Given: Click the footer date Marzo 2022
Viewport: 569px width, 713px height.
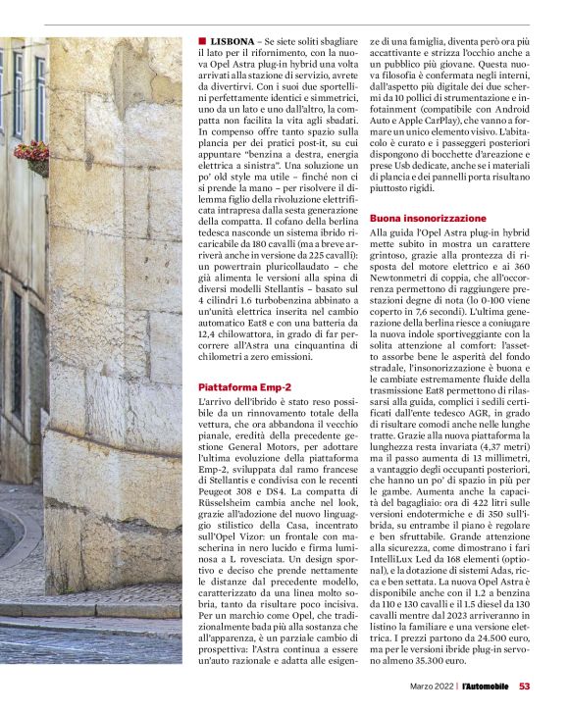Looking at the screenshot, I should tap(433, 687).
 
